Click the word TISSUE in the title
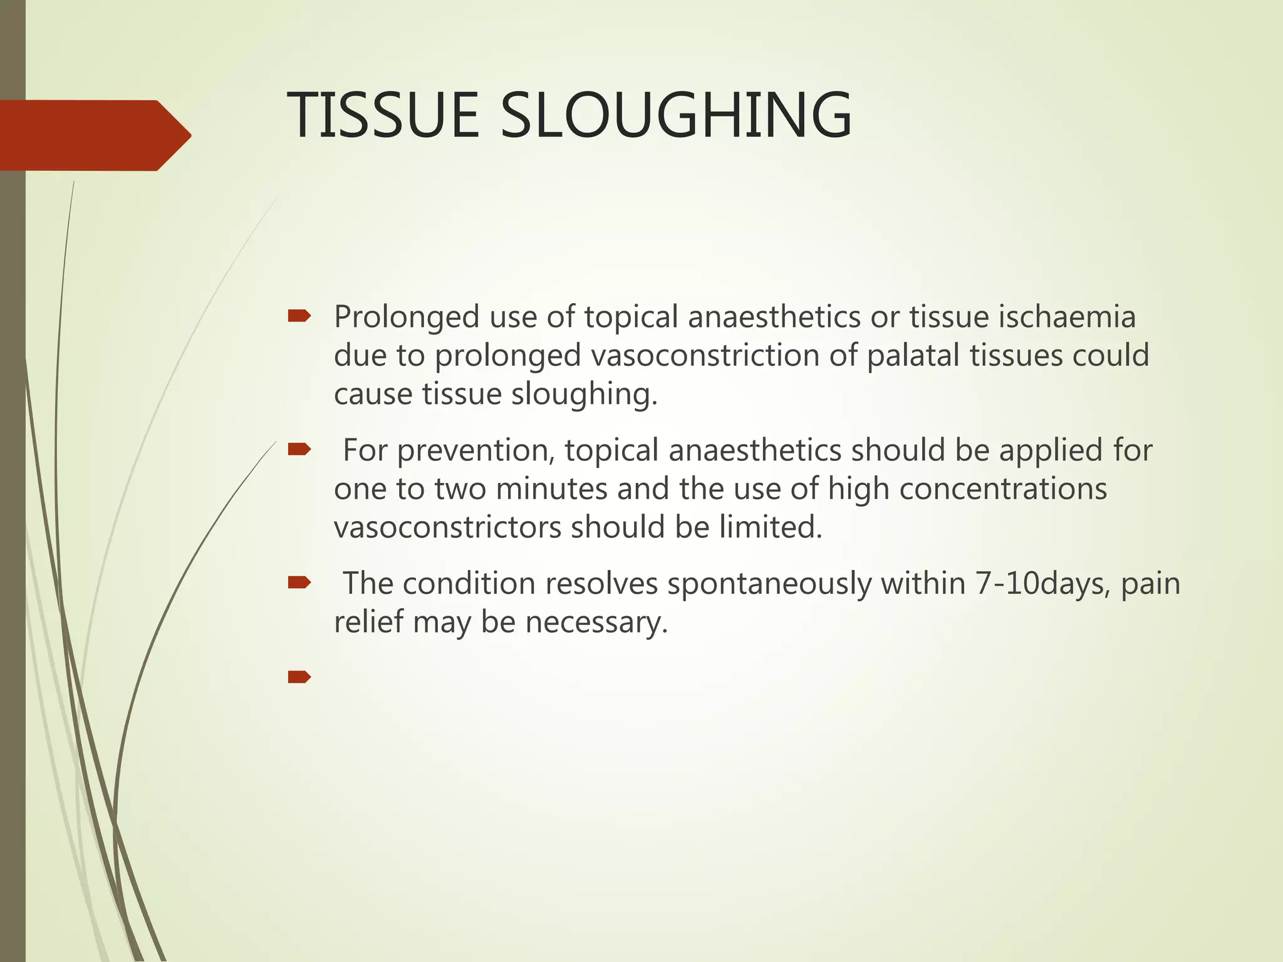tap(383, 116)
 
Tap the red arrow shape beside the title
tap(94, 135)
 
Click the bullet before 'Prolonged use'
tap(299, 316)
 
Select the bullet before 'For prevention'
tap(299, 449)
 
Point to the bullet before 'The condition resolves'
tap(299, 583)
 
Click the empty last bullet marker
tap(299, 676)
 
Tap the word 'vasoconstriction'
tap(705, 355)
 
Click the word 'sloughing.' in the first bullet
tap(584, 395)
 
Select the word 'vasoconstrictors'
tap(447, 527)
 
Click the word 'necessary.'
tap(596, 623)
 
